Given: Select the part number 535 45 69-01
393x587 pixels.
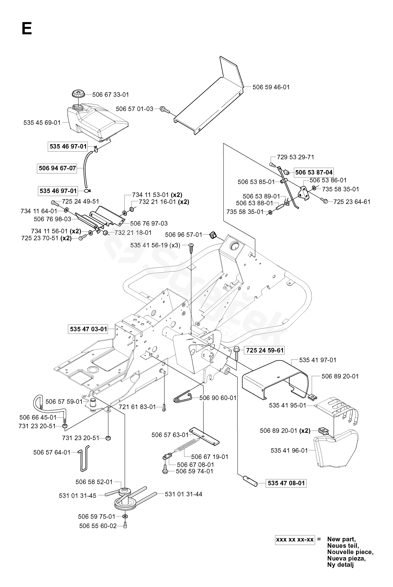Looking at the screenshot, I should (42, 123).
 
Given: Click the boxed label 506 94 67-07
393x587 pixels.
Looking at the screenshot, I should (57, 168).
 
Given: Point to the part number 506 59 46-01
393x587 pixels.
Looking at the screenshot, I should (271, 87).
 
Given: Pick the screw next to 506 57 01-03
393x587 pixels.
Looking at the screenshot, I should (165, 109).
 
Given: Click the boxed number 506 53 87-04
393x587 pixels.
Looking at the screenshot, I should (314, 172).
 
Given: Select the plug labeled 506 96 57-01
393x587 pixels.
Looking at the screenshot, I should (213, 235).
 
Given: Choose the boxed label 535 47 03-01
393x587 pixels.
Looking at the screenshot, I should (89, 329).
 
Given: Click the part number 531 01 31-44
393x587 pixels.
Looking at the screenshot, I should (184, 494).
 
